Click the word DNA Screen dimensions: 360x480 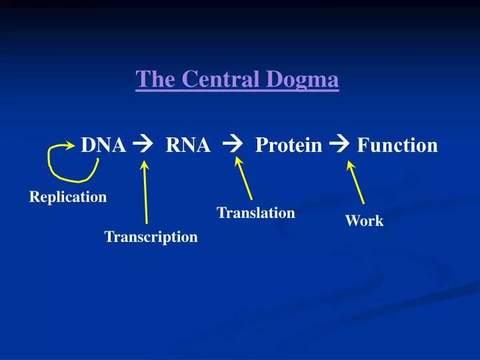[x=103, y=145]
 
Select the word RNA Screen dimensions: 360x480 [x=188, y=145]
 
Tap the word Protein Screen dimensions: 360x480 [x=288, y=145]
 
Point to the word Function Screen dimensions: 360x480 [x=397, y=145]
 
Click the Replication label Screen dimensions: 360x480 [x=68, y=197]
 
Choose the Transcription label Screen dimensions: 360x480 [x=151, y=237]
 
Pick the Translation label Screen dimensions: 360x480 [x=256, y=213]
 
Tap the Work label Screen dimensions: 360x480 [x=364, y=221]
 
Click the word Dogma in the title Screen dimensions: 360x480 [x=306, y=80]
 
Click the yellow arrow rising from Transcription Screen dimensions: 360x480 [x=145, y=193]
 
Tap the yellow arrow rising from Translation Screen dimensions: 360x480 [x=243, y=178]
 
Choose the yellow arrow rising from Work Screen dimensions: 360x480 [x=355, y=183]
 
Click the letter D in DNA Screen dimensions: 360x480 [x=87, y=145]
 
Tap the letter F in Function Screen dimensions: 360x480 [x=363, y=145]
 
